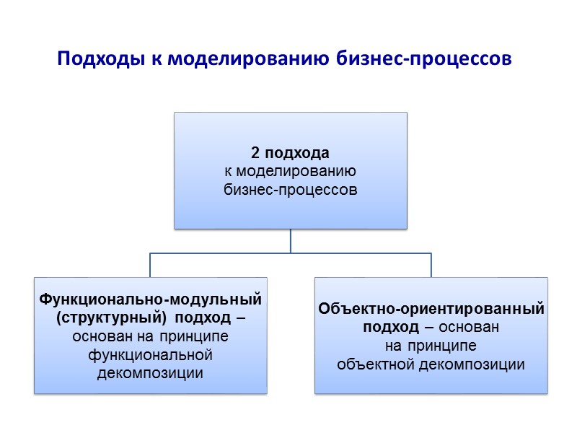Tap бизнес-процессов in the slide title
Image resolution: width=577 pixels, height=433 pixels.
coord(425,58)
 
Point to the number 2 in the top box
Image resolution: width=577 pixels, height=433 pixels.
coord(255,154)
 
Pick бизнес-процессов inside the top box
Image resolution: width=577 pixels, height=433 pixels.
coord(290,190)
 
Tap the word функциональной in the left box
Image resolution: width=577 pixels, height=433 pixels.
coord(150,355)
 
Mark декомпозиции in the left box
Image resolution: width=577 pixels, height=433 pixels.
coord(150,373)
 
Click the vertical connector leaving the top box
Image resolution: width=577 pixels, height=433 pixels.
coord(291,241)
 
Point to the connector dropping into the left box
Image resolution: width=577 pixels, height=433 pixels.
coord(151,265)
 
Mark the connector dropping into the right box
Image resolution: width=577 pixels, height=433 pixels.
coord(431,265)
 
